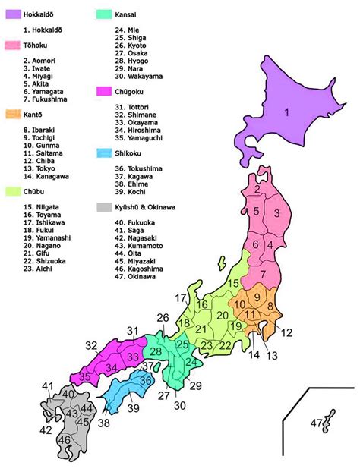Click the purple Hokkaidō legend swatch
(x=13, y=14)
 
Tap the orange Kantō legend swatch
(x=13, y=115)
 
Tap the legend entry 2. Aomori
(x=39, y=60)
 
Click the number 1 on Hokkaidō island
(x=287, y=114)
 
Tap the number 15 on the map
(x=233, y=282)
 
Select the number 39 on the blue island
(x=134, y=409)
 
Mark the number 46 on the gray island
(x=65, y=439)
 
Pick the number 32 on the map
(x=92, y=346)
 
